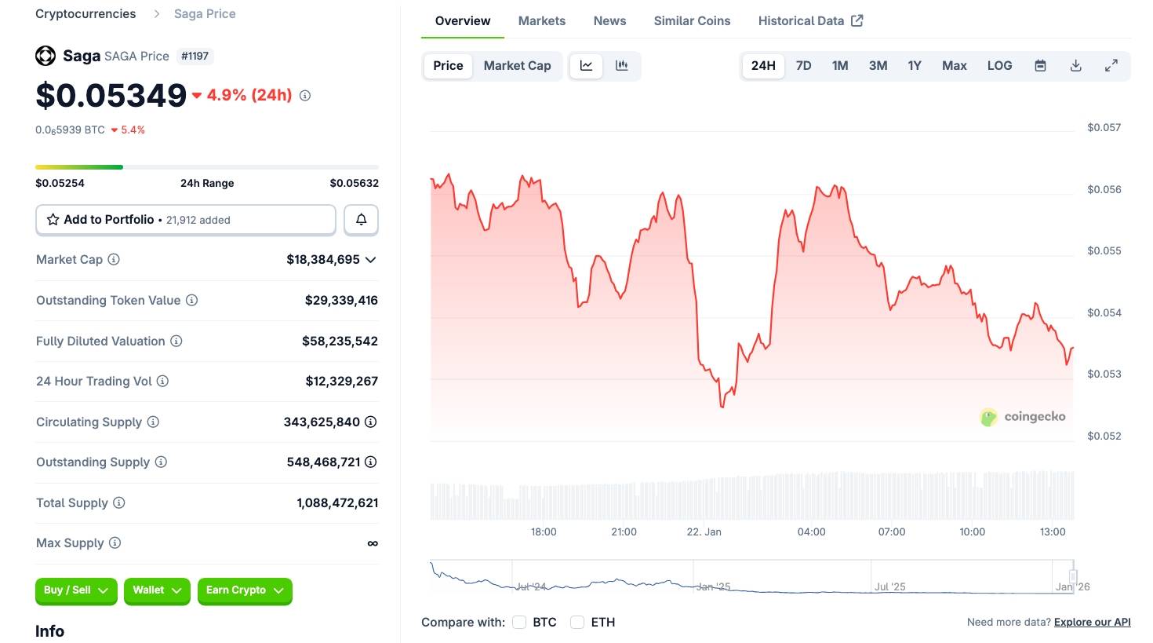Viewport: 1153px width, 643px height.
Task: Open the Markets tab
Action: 541,21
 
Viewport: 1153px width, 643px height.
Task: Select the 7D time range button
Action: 803,66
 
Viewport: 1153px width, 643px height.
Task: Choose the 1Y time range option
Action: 915,66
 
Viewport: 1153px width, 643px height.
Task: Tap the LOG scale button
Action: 999,66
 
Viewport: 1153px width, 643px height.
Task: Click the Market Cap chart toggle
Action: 517,66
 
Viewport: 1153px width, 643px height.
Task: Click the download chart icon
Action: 1076,66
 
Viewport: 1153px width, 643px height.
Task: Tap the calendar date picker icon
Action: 1040,66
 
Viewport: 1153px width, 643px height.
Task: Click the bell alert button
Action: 361,220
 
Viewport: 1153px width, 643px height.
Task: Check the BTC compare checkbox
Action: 519,623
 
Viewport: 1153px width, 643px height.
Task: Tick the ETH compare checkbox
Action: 577,623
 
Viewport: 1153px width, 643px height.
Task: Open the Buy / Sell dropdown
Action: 76,590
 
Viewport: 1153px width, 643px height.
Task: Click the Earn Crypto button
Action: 245,590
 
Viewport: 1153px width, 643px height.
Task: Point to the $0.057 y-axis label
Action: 1104,128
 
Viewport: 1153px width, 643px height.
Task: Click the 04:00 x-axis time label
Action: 811,532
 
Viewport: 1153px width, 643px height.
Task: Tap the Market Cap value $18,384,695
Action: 323,260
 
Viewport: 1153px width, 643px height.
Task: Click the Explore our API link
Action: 1092,623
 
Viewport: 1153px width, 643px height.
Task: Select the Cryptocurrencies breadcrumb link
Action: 85,14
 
